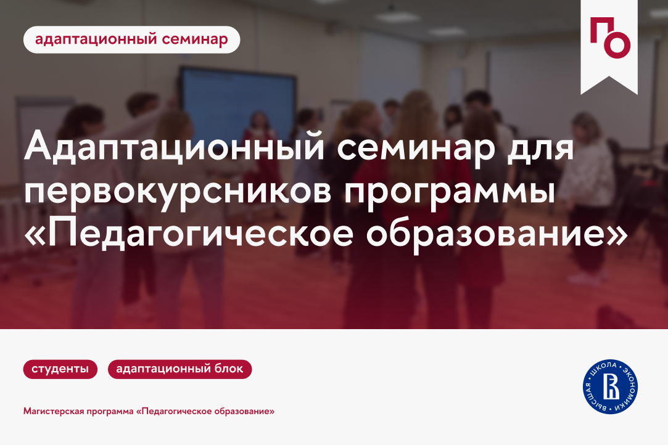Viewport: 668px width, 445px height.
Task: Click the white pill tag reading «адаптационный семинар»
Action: click(131, 39)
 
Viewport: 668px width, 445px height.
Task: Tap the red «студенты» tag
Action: click(60, 369)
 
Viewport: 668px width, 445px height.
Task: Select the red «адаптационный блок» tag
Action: click(179, 369)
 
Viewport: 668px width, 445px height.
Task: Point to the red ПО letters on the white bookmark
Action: click(609, 38)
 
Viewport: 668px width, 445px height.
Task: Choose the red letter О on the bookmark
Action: click(619, 46)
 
